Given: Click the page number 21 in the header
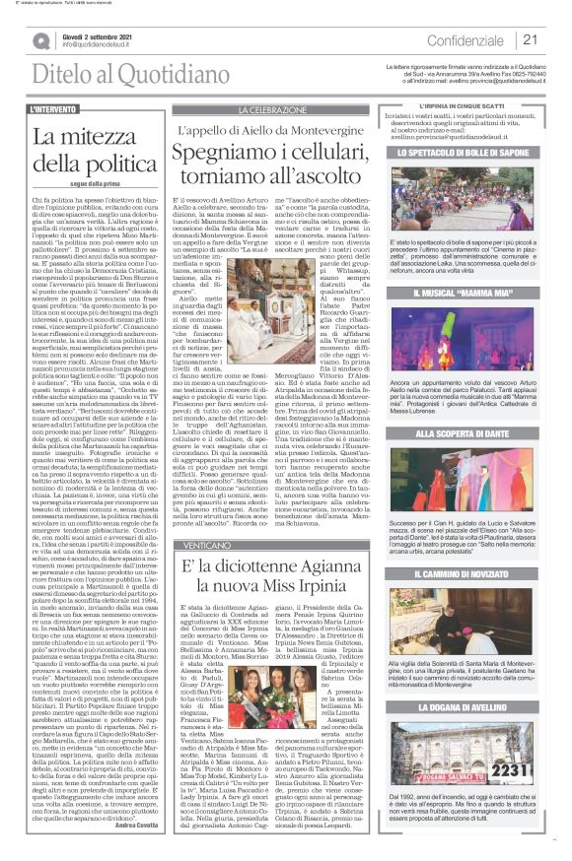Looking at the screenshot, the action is [529, 40].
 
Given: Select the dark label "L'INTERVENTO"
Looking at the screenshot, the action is [55, 109].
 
